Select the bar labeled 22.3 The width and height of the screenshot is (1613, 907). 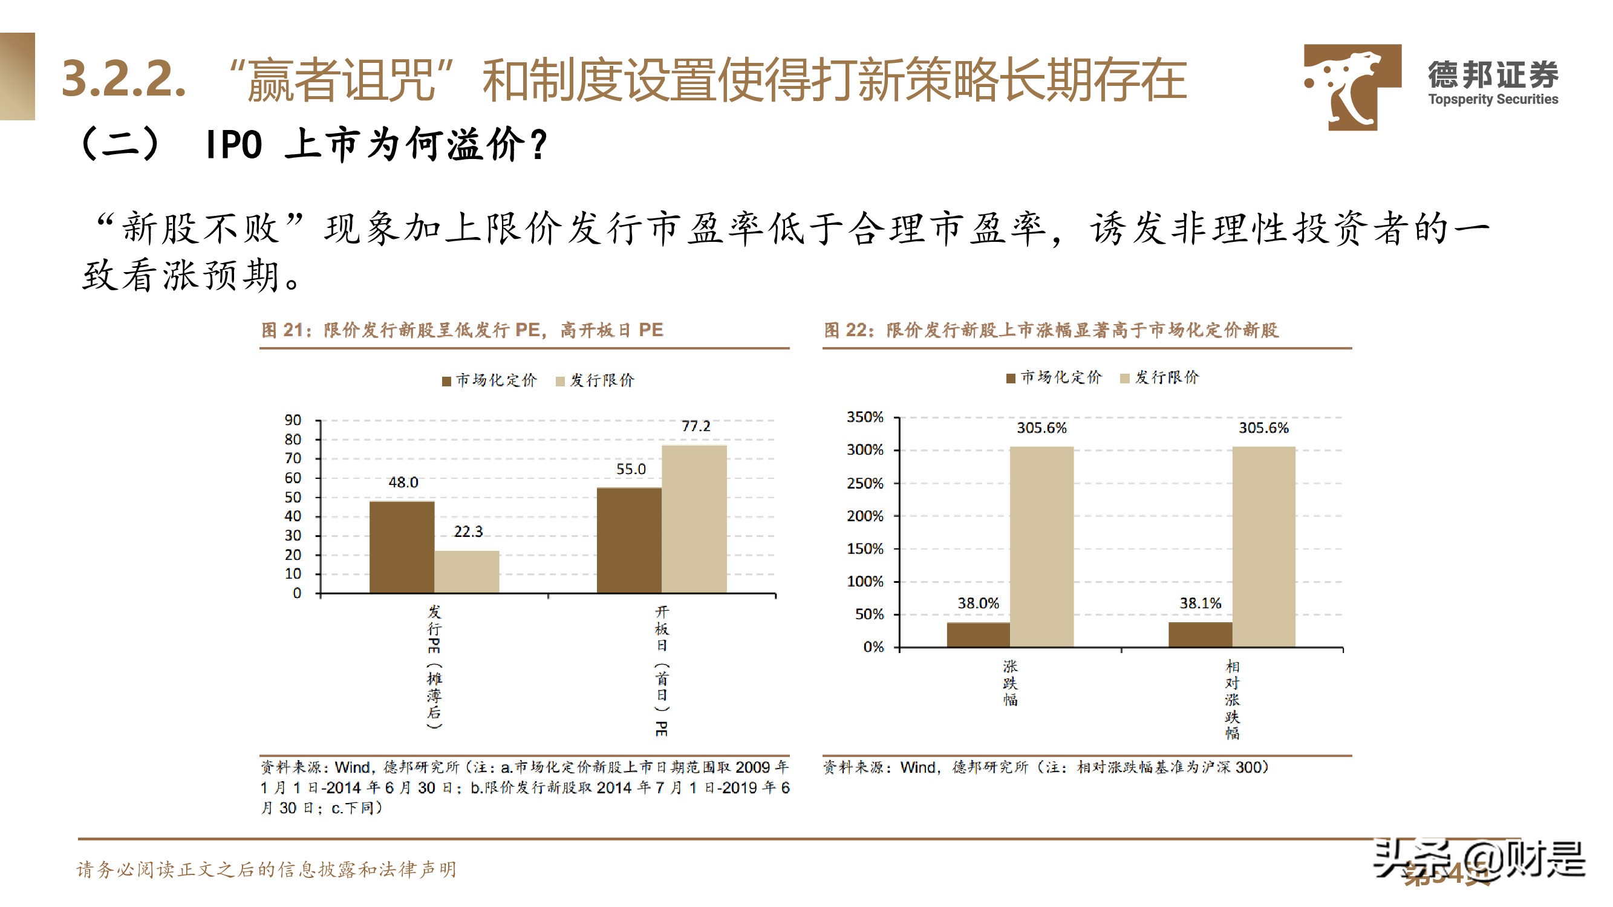[x=466, y=571]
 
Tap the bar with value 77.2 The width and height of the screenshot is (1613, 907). [x=694, y=519]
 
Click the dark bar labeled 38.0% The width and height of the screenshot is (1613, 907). [x=978, y=634]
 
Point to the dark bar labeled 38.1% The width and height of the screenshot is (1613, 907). [x=1200, y=634]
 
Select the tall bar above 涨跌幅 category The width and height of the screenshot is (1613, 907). [x=1041, y=547]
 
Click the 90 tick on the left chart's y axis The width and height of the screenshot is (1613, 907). [x=292, y=420]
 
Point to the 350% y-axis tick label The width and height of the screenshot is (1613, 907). [x=865, y=417]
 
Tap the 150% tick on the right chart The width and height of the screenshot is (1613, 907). [x=865, y=549]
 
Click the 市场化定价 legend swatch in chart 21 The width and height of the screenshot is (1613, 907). [x=446, y=381]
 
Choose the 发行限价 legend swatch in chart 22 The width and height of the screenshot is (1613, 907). [x=1124, y=378]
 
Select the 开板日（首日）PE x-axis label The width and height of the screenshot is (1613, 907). [x=661, y=671]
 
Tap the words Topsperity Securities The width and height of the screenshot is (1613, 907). [x=1493, y=99]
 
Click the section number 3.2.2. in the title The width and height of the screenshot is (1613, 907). [x=124, y=79]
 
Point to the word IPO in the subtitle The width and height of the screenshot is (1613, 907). [x=233, y=145]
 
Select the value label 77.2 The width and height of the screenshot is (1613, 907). [x=696, y=426]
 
